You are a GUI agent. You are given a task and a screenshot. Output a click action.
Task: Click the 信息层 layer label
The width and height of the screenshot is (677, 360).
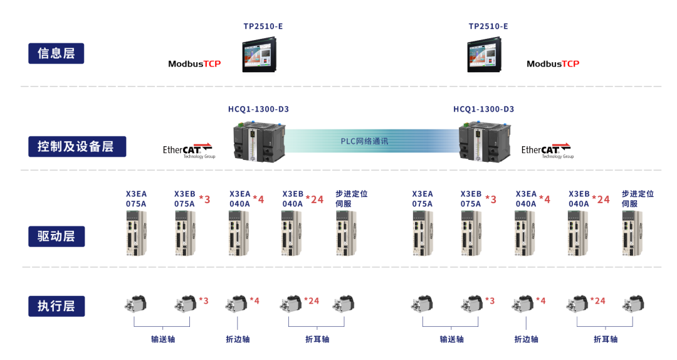click(x=56, y=53)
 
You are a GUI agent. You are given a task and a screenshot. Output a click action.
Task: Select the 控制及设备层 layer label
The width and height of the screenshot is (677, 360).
click(x=76, y=146)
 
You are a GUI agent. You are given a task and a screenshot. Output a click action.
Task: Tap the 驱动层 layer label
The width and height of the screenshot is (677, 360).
click(x=56, y=236)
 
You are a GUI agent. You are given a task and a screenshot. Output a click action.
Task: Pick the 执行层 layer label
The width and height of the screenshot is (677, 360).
click(x=56, y=306)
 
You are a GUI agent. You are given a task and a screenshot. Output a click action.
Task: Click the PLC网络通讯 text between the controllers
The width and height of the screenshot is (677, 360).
click(x=364, y=141)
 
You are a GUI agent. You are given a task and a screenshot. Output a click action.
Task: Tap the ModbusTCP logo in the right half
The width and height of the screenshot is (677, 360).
click(x=553, y=64)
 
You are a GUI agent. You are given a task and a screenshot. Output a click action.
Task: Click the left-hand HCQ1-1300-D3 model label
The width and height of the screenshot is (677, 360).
click(x=258, y=109)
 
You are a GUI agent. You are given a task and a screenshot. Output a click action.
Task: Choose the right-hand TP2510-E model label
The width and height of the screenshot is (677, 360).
click(x=488, y=26)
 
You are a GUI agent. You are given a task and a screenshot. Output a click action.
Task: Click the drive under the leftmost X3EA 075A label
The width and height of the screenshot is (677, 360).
click(x=135, y=233)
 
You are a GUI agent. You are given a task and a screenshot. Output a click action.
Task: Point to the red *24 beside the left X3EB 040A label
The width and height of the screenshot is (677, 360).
click(x=315, y=199)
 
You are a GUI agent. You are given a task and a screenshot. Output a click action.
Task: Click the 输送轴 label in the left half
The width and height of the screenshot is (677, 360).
click(x=163, y=339)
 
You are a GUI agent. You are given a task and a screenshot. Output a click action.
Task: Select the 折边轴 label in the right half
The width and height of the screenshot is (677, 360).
click(x=527, y=339)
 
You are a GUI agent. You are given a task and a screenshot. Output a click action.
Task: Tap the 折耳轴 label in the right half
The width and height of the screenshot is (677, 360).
click(x=605, y=339)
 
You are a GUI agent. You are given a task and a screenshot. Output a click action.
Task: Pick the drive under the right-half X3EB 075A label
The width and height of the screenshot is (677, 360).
click(x=471, y=233)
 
